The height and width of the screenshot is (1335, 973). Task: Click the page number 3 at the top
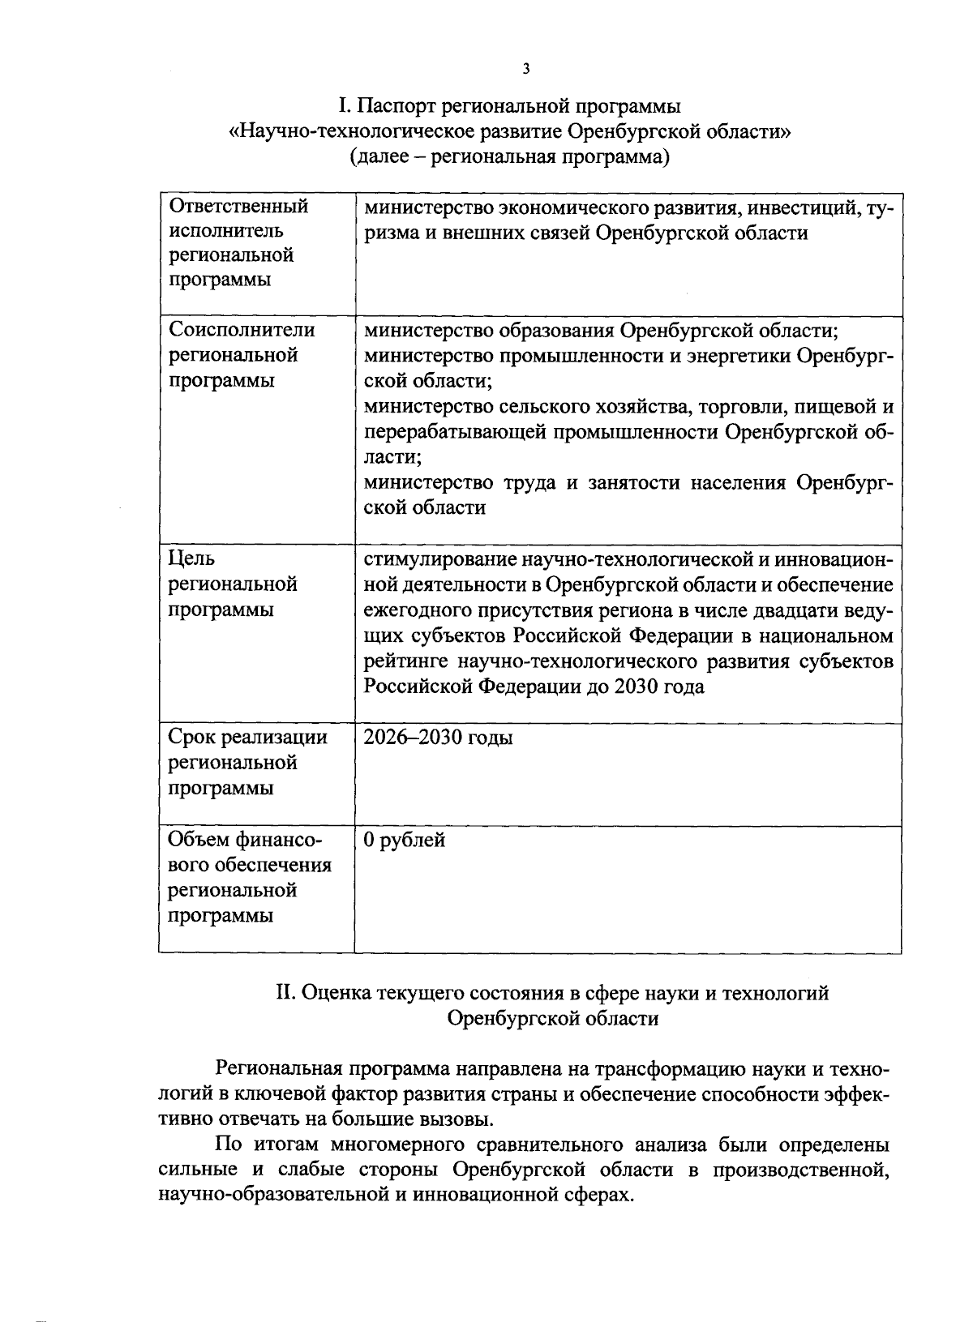pyautogui.click(x=525, y=69)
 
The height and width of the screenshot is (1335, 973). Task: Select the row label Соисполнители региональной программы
pyautogui.click(x=241, y=355)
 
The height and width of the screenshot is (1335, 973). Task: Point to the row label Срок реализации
pyautogui.click(x=247, y=738)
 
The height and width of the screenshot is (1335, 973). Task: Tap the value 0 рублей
pyautogui.click(x=404, y=840)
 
